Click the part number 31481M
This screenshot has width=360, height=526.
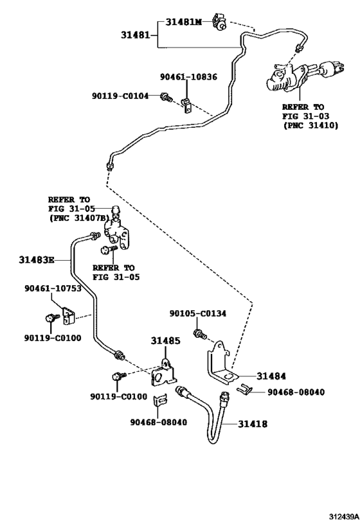pyautogui.click(x=184, y=22)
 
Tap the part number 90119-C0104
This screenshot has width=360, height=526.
pyautogui.click(x=120, y=96)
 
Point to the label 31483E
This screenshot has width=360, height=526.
pyautogui.click(x=36, y=259)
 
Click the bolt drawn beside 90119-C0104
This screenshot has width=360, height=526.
pyautogui.click(x=165, y=97)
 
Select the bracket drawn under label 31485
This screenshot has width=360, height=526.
pyautogui.click(x=166, y=376)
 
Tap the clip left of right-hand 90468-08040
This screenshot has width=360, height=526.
pyautogui.click(x=243, y=389)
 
